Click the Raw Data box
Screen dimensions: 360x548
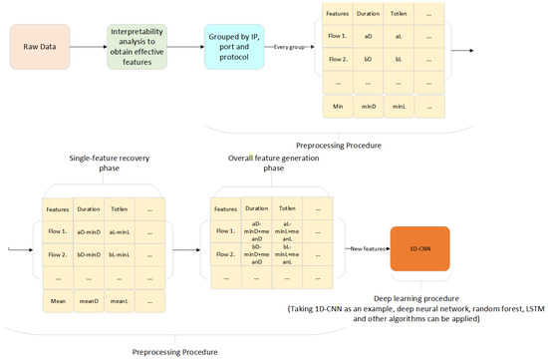(43, 47)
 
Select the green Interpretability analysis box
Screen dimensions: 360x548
(141, 47)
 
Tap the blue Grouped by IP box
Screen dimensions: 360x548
(235, 47)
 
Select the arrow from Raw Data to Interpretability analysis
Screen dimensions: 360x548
(92, 47)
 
